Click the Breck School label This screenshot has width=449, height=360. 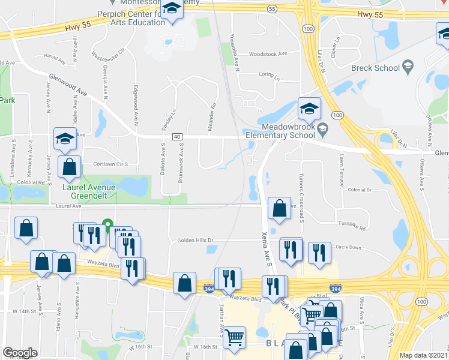375,68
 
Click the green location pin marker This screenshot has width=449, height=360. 108,226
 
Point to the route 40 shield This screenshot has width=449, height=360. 177,137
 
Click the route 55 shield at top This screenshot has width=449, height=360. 273,9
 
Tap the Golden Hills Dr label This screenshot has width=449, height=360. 195,240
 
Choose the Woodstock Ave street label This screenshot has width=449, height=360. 268,53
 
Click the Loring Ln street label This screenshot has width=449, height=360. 270,77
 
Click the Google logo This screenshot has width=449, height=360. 20,353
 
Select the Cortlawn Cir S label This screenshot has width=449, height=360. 111,164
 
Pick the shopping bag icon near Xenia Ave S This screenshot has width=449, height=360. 279,209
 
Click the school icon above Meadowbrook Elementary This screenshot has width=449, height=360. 309,108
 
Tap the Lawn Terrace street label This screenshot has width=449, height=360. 340,166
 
